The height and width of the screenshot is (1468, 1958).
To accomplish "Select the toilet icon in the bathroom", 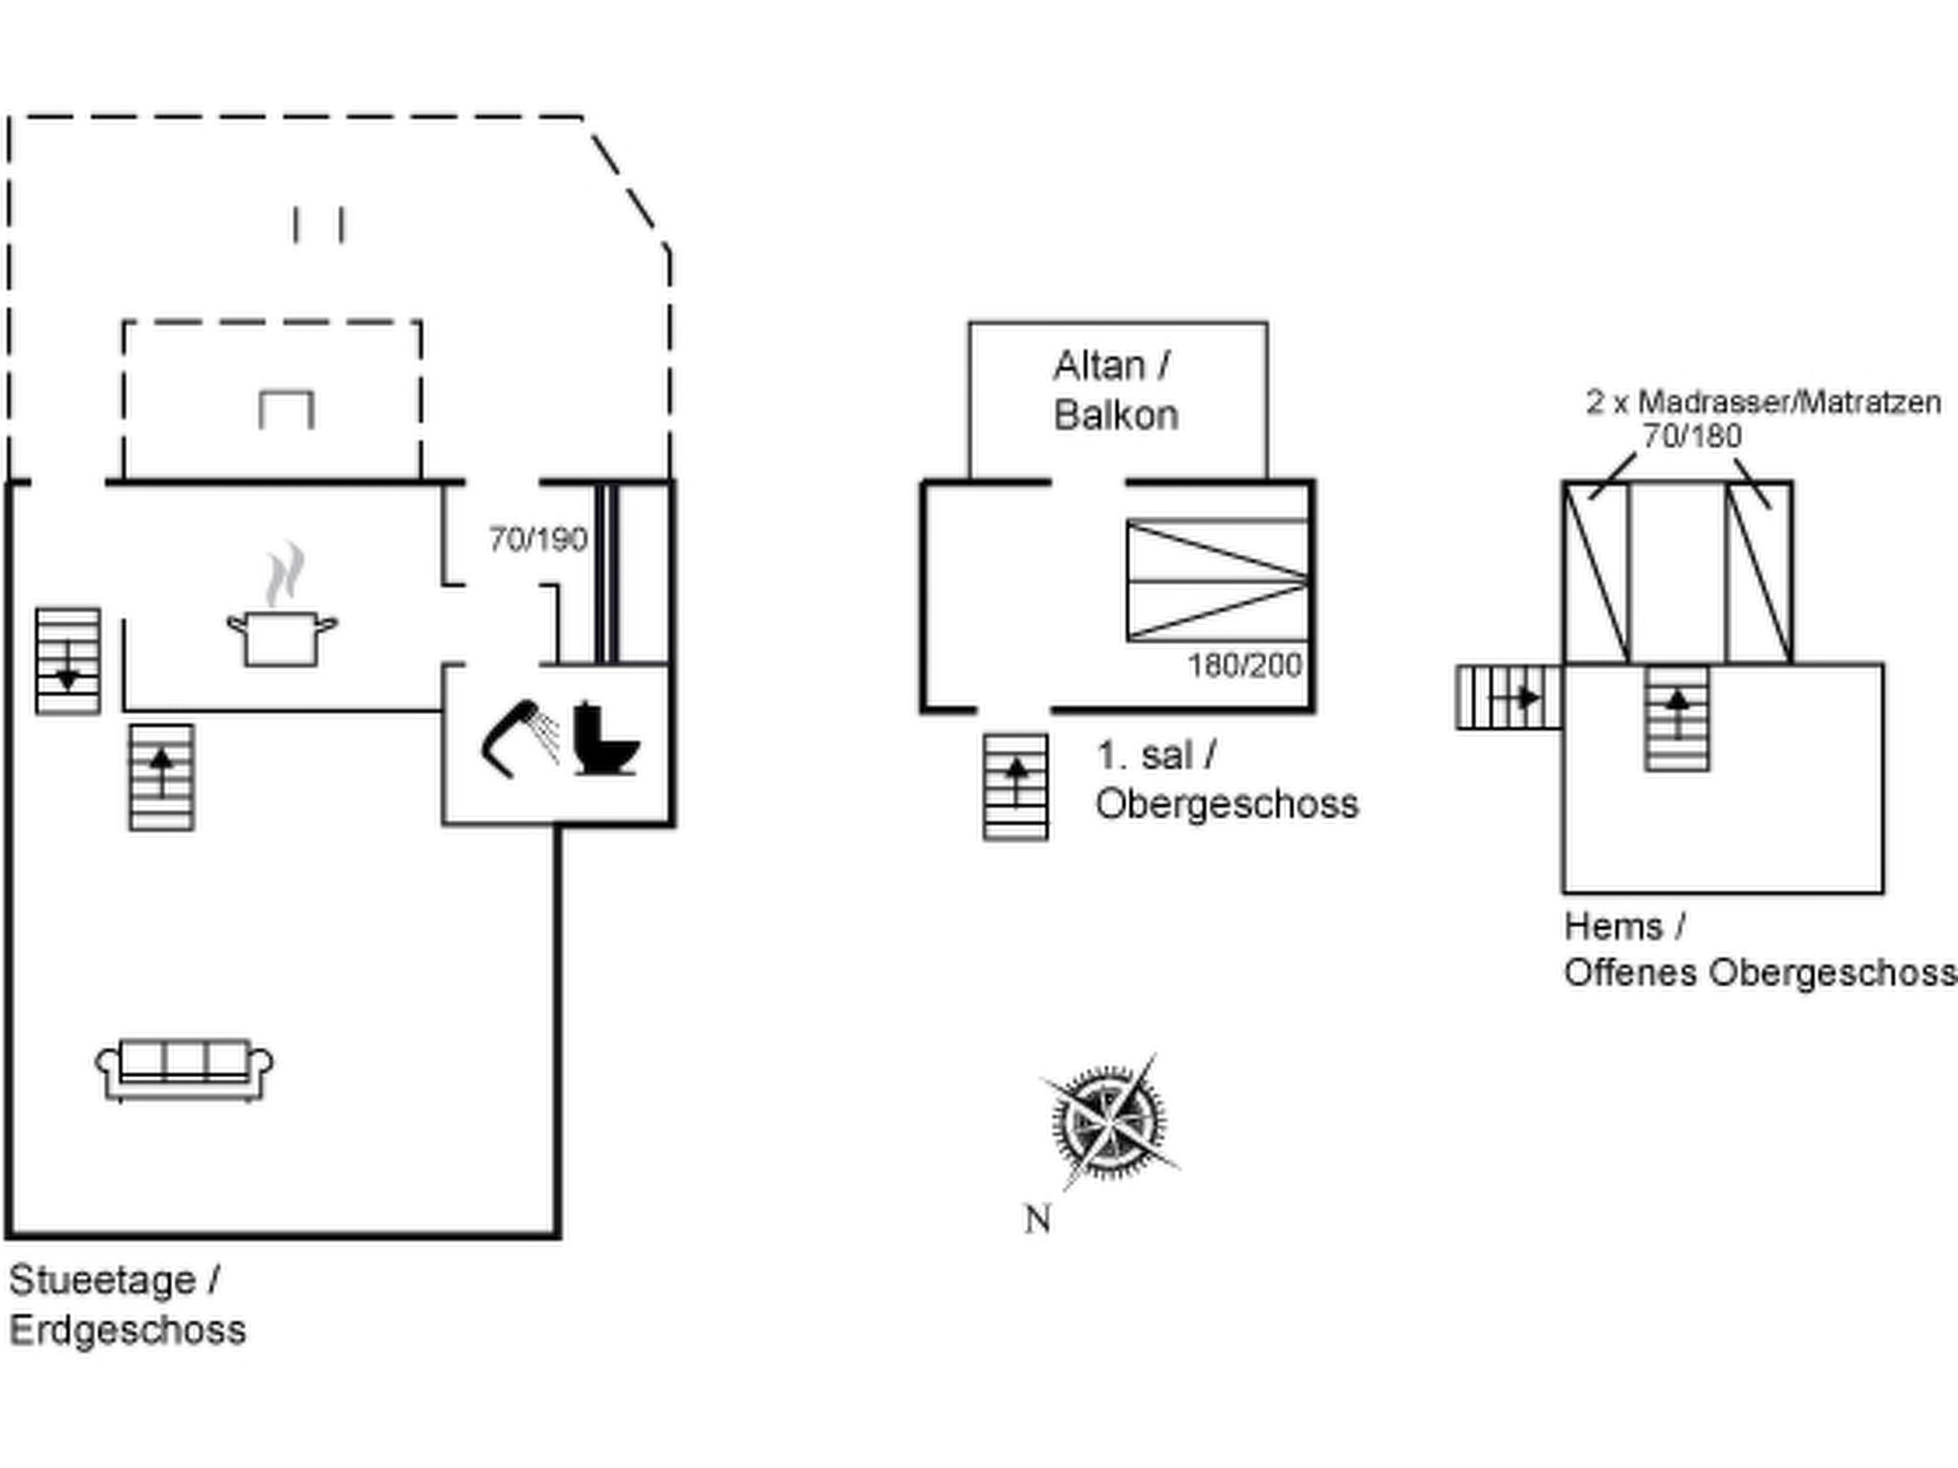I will point(604,739).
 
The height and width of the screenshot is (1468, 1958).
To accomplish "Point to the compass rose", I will point(1109,1120).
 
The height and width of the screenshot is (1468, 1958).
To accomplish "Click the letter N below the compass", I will point(1037,1220).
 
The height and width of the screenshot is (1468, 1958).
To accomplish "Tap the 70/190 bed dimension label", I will point(537,540).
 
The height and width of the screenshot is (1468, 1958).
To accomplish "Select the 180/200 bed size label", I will point(1244,665).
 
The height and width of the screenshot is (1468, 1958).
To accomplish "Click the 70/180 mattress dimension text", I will point(1691,437).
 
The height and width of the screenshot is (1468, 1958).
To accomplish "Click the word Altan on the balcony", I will point(1099,366).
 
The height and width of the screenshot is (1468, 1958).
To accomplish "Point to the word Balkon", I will point(1116,416).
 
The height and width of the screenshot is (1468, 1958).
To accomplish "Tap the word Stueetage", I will point(102,1281).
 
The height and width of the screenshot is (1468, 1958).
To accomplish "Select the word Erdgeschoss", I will point(127,1330).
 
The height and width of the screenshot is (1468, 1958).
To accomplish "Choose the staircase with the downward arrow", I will point(68,661).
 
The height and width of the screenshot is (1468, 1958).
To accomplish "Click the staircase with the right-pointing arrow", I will point(1508,698).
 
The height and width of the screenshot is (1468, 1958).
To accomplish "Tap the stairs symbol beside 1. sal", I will point(1015,787).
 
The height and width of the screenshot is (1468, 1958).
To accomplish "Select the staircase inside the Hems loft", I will point(1677,719).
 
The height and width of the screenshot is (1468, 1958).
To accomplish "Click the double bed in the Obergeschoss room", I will point(1217,581).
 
